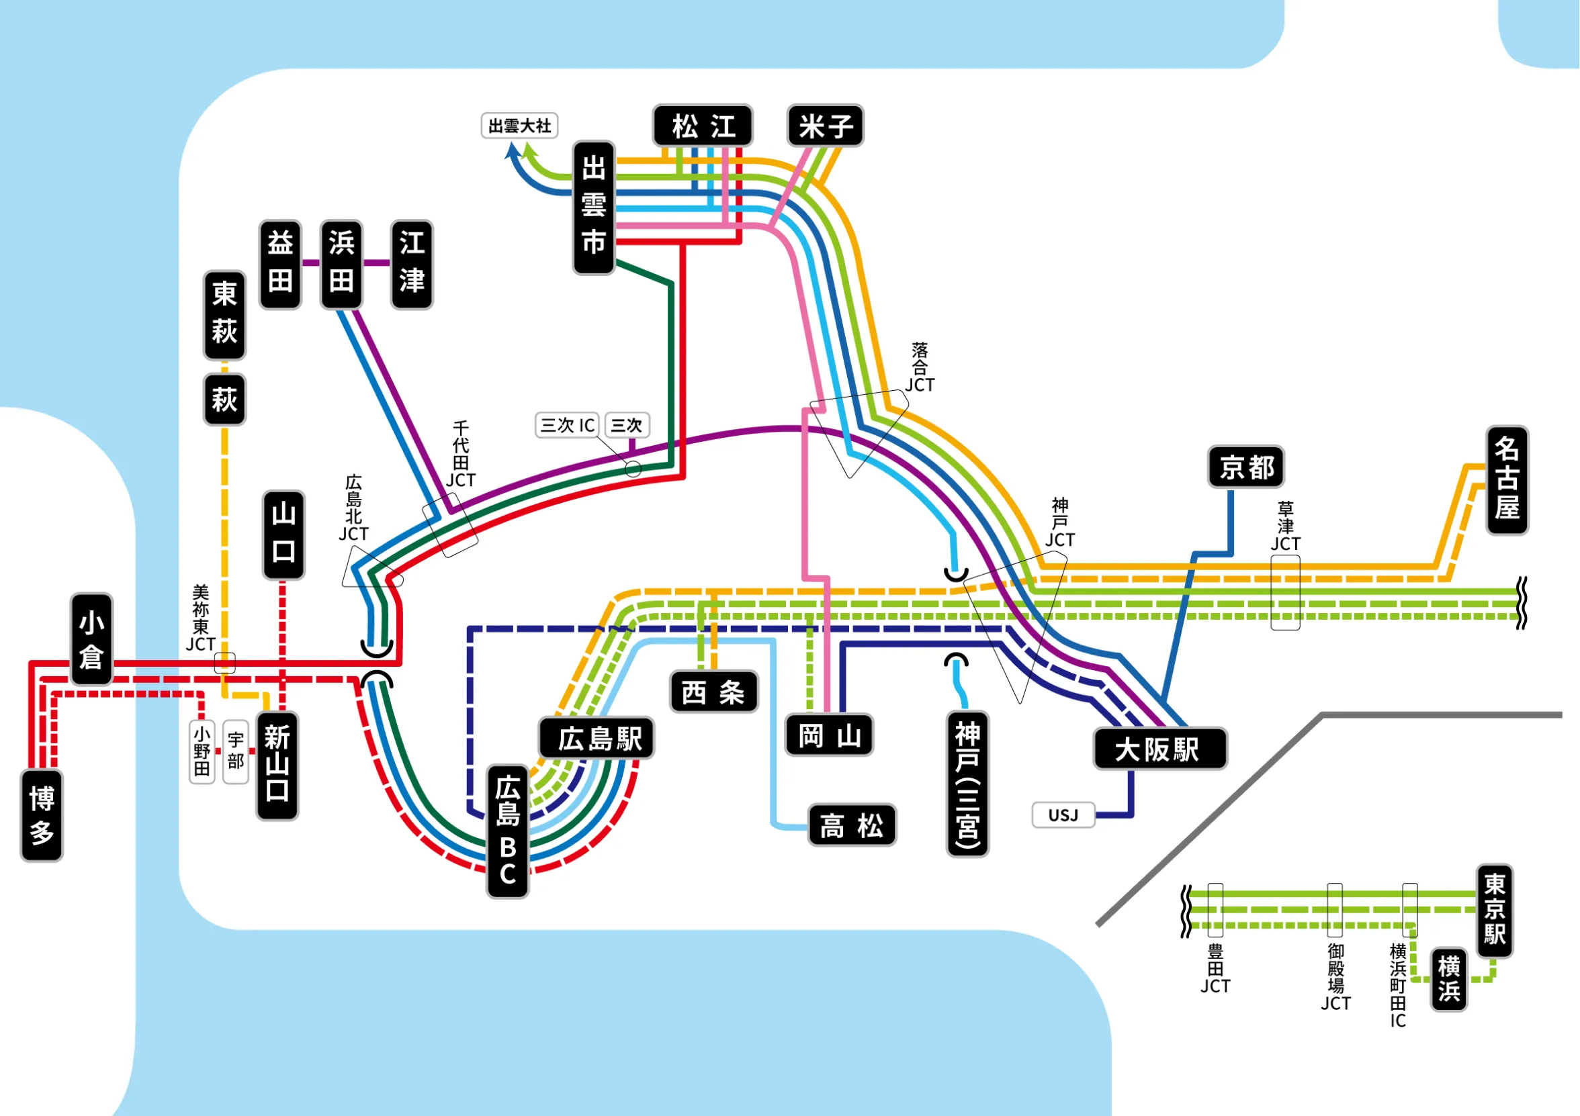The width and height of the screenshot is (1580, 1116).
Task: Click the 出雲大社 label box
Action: [x=519, y=126]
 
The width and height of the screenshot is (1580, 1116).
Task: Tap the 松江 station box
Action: [x=703, y=126]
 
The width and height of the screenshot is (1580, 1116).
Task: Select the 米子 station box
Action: [x=825, y=126]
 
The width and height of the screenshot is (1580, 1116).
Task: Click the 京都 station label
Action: [x=1245, y=467]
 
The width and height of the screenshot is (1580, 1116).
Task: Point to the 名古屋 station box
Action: [x=1506, y=480]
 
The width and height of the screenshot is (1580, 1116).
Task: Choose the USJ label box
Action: [x=1063, y=815]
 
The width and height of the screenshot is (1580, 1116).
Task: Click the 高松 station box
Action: [x=851, y=825]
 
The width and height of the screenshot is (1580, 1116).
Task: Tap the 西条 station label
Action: [x=713, y=692]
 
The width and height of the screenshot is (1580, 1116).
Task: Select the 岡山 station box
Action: [x=829, y=735]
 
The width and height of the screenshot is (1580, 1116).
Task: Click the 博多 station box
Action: [x=42, y=815]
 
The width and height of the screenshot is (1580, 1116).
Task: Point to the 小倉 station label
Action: [x=91, y=639]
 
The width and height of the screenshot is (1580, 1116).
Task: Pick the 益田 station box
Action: [x=280, y=264]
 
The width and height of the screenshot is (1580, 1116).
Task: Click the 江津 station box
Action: [x=412, y=264]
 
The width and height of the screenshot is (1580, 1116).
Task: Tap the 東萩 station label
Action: [x=224, y=315]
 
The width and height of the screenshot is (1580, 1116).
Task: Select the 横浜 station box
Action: [x=1448, y=979]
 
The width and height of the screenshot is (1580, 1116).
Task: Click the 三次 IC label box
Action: [x=567, y=425]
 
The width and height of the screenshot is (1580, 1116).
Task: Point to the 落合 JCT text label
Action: [x=920, y=367]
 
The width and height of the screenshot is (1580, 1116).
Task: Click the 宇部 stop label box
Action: [x=235, y=751]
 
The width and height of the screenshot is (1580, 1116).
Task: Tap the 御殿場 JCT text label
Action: [x=1335, y=977]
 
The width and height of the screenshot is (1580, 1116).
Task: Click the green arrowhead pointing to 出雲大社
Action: [x=529, y=148]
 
